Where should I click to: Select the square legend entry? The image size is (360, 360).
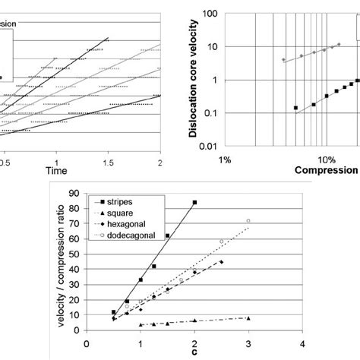(122, 213)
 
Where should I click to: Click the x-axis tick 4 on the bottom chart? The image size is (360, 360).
(302, 343)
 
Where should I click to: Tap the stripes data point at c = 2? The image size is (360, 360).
(194, 203)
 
